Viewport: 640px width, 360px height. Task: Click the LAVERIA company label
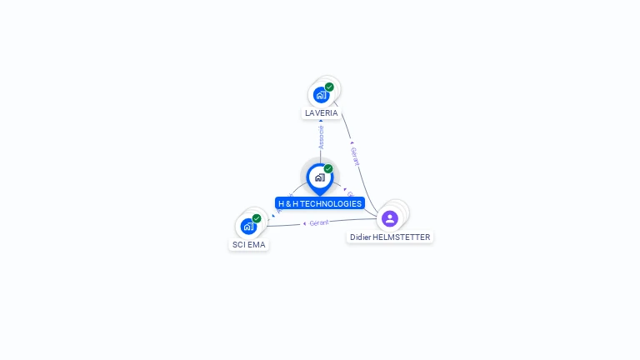tap(322, 112)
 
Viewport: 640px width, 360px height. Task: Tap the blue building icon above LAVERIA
tap(321, 95)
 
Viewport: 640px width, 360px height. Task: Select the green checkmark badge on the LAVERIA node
tap(329, 87)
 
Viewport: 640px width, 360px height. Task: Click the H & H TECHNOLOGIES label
tap(320, 203)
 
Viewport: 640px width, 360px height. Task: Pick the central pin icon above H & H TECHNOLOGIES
tap(319, 177)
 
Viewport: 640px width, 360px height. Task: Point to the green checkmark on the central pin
tap(328, 169)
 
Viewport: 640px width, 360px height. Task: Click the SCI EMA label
tap(249, 245)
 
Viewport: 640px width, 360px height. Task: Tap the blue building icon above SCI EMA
tap(248, 226)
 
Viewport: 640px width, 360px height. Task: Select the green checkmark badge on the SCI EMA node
tap(257, 218)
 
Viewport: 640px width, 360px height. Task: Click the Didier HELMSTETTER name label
tap(390, 237)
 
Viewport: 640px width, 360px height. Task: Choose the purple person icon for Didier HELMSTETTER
tap(390, 218)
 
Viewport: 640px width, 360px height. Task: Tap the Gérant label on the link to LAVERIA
tap(356, 156)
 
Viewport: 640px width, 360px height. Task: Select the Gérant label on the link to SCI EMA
tap(319, 222)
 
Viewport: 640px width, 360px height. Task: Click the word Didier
tap(360, 237)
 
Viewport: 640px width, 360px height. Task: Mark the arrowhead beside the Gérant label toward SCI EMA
tap(304, 224)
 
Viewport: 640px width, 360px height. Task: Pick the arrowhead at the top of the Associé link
tap(321, 122)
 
